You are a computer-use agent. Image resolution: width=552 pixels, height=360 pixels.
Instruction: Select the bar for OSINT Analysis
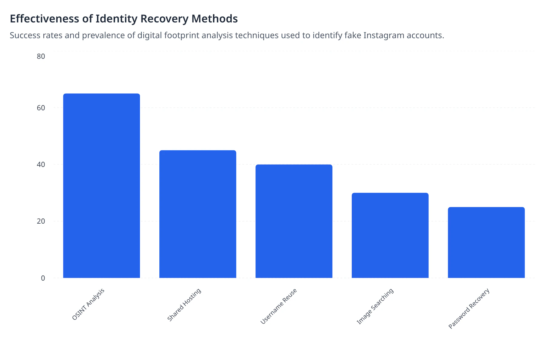tap(101, 185)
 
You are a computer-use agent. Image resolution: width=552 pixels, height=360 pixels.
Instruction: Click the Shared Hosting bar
tap(198, 214)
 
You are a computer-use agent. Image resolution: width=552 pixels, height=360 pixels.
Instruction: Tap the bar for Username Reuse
tap(294, 221)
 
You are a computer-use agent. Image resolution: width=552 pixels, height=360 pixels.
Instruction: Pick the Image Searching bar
tap(390, 235)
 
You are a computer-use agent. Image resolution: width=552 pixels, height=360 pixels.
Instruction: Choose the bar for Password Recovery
tap(486, 242)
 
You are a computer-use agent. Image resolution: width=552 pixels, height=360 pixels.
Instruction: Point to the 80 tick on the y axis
tap(41, 56)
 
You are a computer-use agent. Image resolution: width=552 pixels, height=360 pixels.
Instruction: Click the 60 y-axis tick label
tap(41, 108)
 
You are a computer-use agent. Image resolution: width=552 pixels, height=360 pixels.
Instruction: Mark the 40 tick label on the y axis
tap(41, 165)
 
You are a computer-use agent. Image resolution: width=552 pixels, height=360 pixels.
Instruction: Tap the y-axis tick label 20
tap(41, 221)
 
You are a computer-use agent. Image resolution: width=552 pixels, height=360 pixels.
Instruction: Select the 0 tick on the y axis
tap(43, 278)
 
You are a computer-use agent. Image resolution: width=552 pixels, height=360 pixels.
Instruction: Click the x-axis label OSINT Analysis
tap(88, 304)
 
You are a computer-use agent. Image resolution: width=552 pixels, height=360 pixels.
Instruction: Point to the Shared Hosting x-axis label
tap(184, 305)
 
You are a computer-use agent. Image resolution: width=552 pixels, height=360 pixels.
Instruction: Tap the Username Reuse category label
tap(279, 306)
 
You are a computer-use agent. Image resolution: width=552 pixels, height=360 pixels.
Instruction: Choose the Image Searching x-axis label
tap(375, 306)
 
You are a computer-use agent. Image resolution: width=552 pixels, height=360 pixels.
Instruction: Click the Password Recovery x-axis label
tap(469, 309)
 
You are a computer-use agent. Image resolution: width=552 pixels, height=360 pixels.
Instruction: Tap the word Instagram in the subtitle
tap(384, 35)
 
